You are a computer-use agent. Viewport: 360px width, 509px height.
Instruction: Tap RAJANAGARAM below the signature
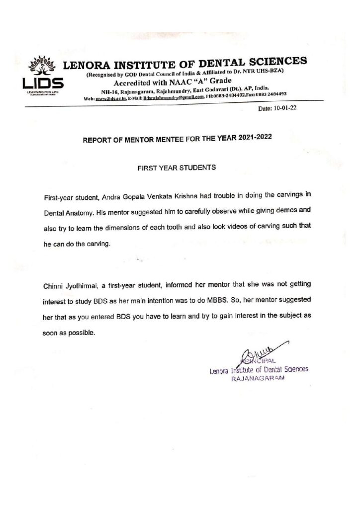pyautogui.click(x=259, y=378)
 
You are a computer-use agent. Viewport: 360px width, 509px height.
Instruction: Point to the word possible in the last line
pyautogui.click(x=81, y=332)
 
